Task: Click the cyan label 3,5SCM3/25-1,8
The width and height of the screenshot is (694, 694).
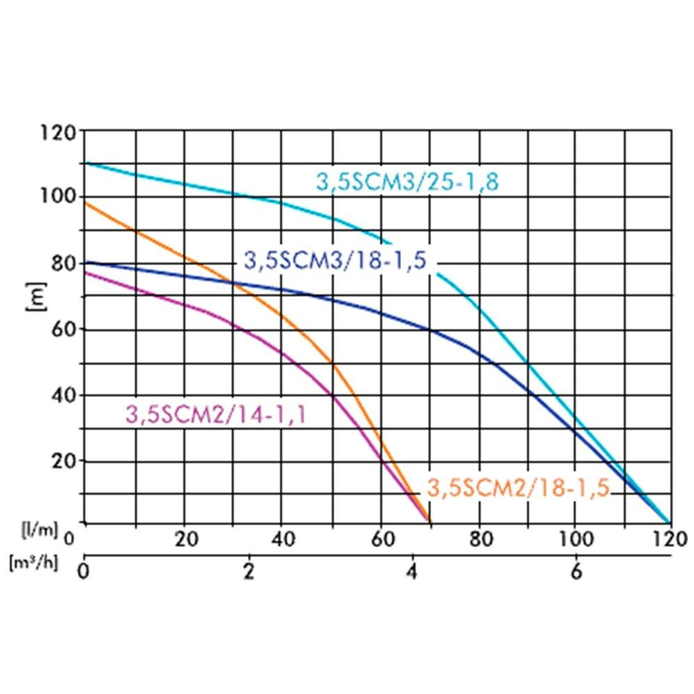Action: tap(408, 182)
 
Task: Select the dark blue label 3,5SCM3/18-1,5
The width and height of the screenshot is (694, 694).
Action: tap(334, 260)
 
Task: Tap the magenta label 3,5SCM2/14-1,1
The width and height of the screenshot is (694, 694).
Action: tap(216, 414)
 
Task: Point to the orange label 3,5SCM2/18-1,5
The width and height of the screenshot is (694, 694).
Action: tap(518, 488)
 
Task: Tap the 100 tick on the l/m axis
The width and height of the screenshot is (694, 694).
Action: tap(575, 539)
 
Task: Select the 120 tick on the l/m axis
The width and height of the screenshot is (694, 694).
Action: tap(670, 539)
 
